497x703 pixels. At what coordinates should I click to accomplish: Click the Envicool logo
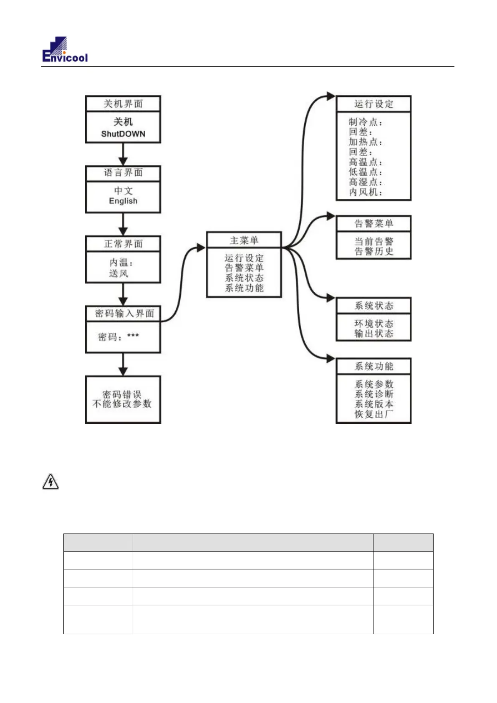65,50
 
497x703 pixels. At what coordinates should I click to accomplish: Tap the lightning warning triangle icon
50,482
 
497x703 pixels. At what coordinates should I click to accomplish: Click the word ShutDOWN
123,134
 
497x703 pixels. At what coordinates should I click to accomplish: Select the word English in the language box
123,201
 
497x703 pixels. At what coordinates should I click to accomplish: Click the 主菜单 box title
244,240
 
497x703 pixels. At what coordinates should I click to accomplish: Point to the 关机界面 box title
123,104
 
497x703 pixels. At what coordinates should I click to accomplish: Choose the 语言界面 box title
123,172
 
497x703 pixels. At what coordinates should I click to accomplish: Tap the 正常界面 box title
123,244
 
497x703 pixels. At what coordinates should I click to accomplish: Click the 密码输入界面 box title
124,314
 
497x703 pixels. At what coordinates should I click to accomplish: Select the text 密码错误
122,394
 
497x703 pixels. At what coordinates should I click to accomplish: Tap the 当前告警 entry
374,241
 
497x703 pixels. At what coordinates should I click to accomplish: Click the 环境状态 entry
374,324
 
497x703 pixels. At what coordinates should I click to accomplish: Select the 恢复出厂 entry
374,414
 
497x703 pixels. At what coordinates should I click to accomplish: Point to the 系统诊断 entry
374,394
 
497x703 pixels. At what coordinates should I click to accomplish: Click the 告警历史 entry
374,251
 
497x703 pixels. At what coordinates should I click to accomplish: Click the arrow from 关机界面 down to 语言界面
123,154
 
